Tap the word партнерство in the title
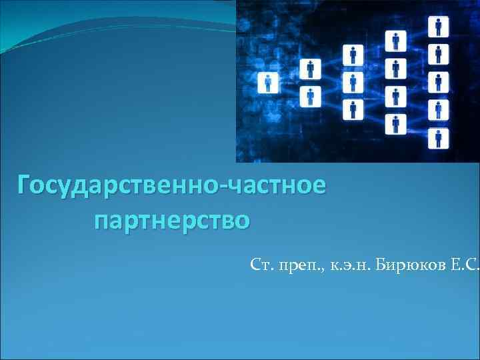point(173,218)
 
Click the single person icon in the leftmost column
point(269,83)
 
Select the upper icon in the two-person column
point(309,69)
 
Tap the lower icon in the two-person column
point(309,96)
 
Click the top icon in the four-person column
point(397,41)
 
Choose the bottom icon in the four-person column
point(397,124)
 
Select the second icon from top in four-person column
point(397,69)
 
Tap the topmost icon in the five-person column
point(439,27)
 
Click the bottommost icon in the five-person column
point(439,138)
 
